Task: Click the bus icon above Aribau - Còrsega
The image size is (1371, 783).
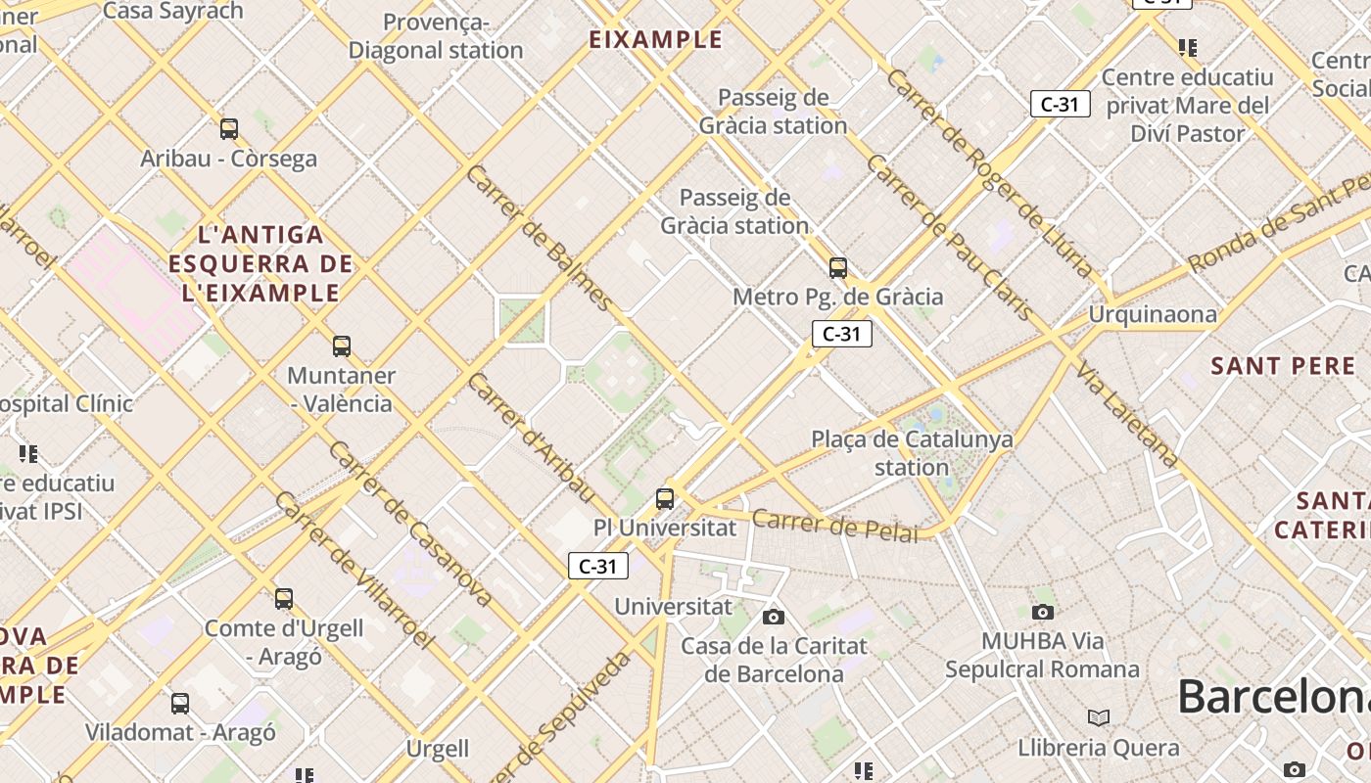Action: (x=229, y=128)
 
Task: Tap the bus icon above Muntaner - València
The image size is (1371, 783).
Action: (x=342, y=345)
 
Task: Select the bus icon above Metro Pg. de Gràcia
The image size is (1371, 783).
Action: (x=838, y=267)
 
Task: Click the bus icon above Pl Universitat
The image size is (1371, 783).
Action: (x=665, y=498)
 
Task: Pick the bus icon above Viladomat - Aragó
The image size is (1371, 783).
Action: (x=180, y=703)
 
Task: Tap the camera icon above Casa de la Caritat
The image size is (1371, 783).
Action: (x=774, y=617)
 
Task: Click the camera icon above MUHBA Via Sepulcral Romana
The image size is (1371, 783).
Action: (x=1043, y=612)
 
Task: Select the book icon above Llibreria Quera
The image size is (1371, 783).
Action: (x=1099, y=717)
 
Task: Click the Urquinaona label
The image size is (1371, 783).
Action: (x=1153, y=314)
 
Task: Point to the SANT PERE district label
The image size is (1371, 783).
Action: (x=1283, y=366)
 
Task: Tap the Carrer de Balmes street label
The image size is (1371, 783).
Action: (x=539, y=237)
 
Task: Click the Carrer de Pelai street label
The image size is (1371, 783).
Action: (x=834, y=525)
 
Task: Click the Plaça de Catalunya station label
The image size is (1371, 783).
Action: (x=912, y=452)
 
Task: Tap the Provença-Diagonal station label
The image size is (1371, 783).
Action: (x=436, y=36)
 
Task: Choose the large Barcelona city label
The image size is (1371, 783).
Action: (x=1273, y=696)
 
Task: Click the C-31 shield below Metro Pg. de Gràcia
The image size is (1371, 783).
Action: (x=841, y=334)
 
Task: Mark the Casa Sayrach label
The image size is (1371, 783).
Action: (x=172, y=11)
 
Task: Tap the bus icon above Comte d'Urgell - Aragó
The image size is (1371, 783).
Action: (x=284, y=598)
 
